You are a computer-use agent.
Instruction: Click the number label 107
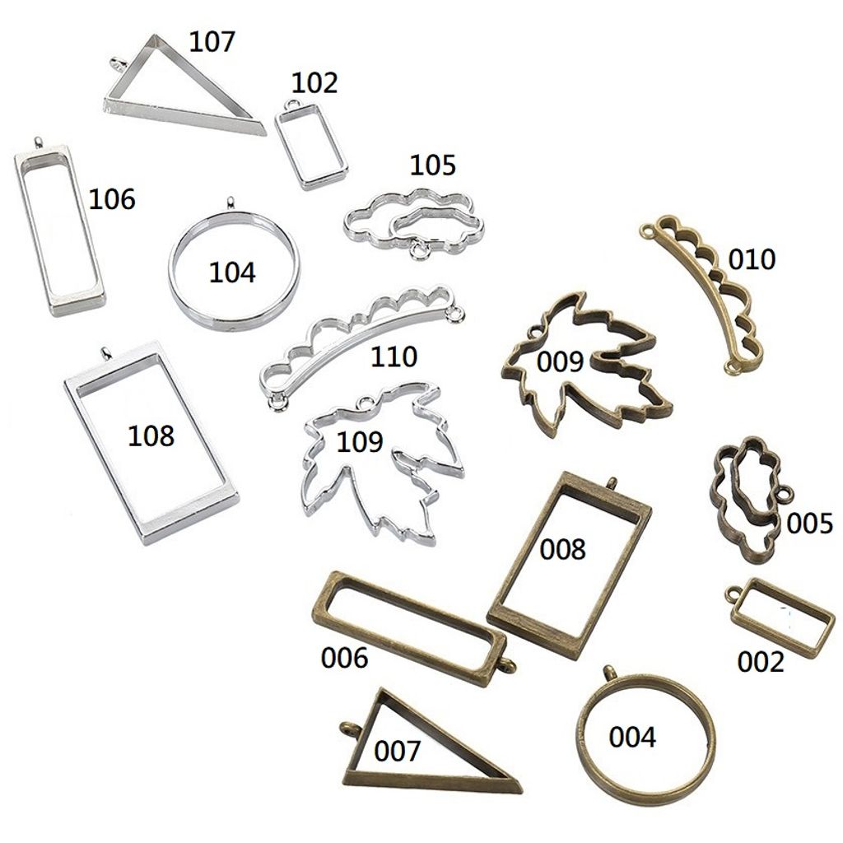coord(212,40)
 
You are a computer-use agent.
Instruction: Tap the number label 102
coord(314,83)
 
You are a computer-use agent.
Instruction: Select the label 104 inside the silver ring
coord(232,272)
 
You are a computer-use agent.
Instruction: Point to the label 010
coord(752,259)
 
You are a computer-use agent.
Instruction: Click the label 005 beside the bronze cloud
coord(809,523)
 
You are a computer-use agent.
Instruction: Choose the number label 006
coord(344,659)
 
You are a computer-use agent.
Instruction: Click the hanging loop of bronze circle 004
coord(610,672)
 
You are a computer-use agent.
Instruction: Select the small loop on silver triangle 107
coord(117,63)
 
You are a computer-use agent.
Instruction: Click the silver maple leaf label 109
coord(360,442)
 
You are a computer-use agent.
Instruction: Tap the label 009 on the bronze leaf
coord(560,361)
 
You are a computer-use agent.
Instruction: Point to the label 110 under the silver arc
coord(394,356)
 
